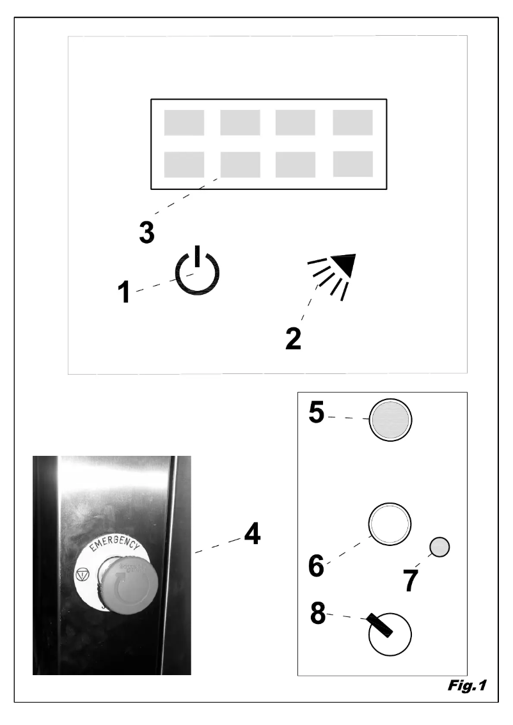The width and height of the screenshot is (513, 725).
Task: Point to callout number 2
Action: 293,338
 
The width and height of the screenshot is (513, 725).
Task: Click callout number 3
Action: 146,233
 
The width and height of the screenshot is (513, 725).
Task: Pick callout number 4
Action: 253,534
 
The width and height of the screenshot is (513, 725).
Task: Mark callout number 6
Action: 315,566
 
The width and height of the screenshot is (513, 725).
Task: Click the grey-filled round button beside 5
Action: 390,421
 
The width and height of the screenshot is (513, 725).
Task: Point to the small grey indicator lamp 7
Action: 439,547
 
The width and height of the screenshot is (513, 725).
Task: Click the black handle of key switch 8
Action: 380,626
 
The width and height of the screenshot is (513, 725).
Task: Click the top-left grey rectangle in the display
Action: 184,123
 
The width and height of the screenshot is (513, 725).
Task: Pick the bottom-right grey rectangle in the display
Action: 352,164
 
